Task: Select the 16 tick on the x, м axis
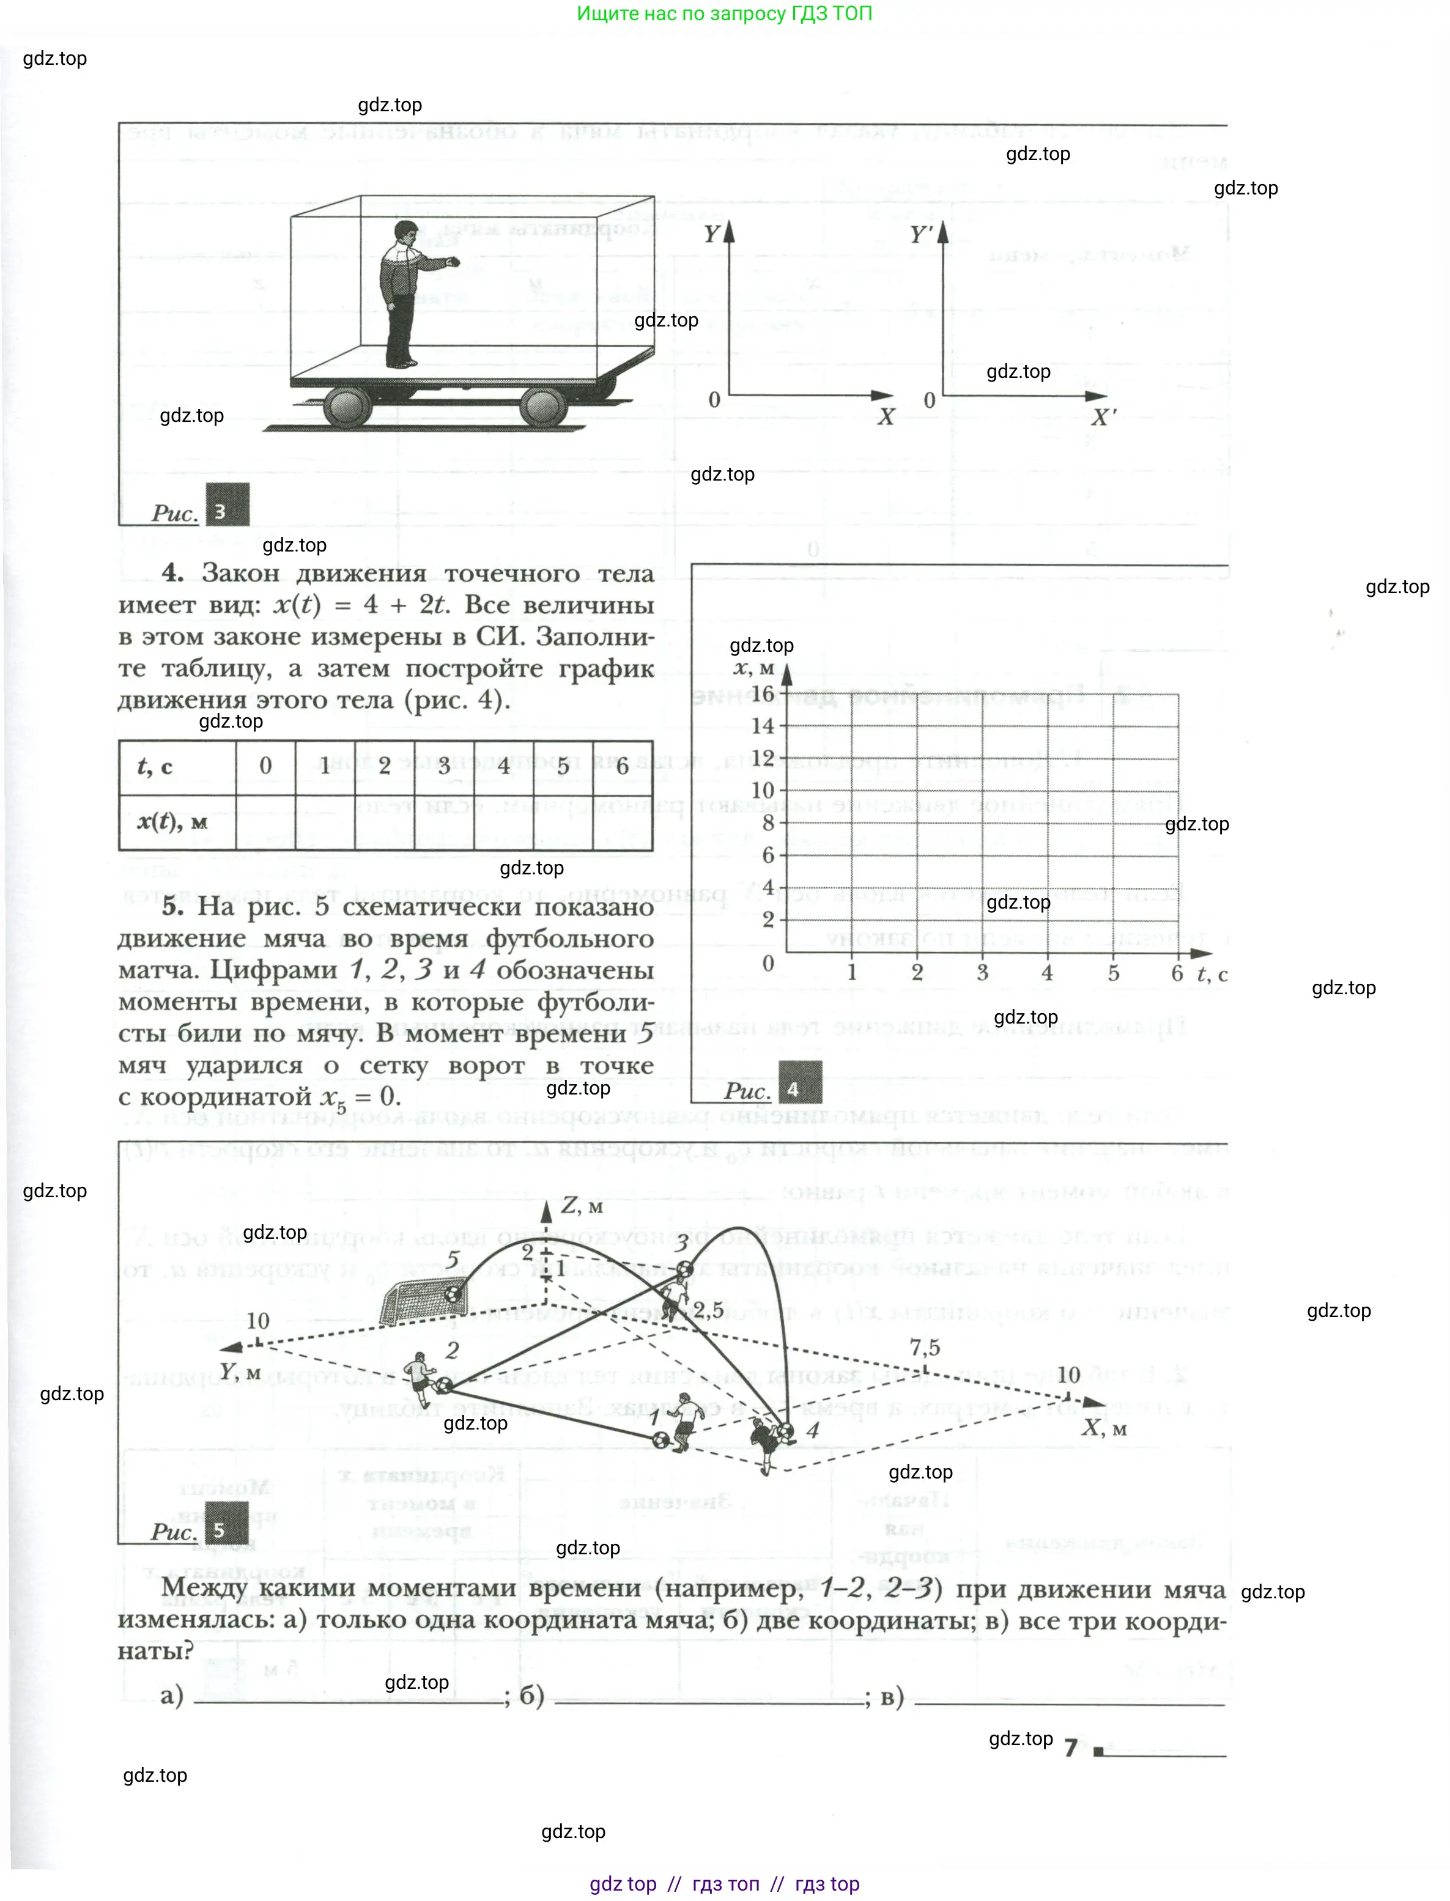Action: [x=763, y=694]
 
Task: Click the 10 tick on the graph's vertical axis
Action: [x=763, y=789]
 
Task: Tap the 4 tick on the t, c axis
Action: [x=1047, y=972]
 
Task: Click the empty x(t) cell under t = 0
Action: [x=265, y=822]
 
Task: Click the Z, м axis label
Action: [x=582, y=1206]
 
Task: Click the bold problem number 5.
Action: [x=172, y=906]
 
